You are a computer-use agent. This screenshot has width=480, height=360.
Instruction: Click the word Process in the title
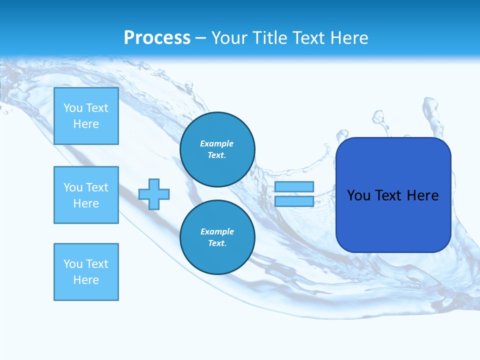pyautogui.click(x=157, y=38)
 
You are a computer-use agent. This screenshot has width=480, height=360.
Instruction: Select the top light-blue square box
pyautogui.click(x=86, y=116)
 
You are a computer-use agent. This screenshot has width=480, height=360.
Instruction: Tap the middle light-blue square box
pyautogui.click(x=86, y=195)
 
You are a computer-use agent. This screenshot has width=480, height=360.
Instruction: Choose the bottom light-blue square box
pyautogui.click(x=86, y=272)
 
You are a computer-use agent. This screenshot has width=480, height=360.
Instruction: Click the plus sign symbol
pyautogui.click(x=154, y=194)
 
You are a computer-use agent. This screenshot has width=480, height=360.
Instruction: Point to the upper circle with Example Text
pyautogui.click(x=217, y=149)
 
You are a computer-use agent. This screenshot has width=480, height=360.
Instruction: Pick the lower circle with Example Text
pyautogui.click(x=217, y=237)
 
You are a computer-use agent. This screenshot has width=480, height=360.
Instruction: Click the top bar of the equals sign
pyautogui.click(x=294, y=187)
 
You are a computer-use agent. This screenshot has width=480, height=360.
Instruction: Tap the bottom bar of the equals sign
pyautogui.click(x=294, y=201)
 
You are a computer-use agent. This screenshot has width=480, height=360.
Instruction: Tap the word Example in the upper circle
pyautogui.click(x=217, y=143)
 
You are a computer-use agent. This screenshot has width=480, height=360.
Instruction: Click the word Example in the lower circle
pyautogui.click(x=217, y=231)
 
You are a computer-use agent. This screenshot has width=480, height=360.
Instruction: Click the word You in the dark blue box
pyautogui.click(x=358, y=195)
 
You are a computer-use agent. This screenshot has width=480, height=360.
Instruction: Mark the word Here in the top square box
pyautogui.click(x=86, y=124)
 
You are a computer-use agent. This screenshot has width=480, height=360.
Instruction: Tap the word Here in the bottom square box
pyautogui.click(x=86, y=280)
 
